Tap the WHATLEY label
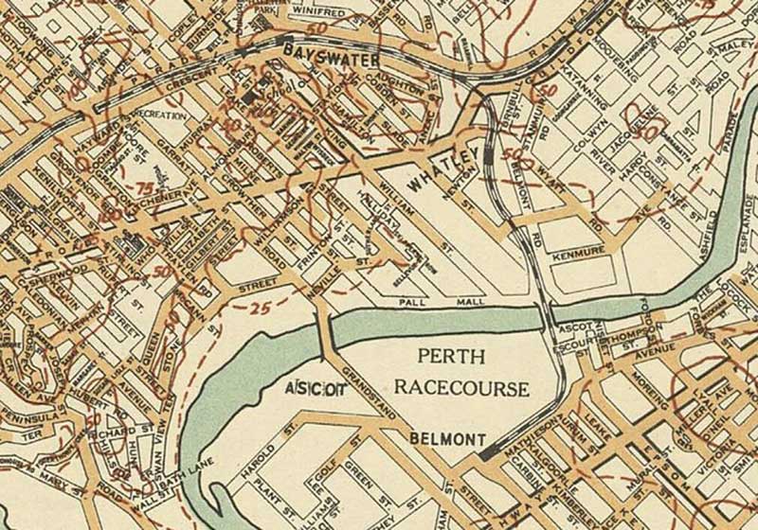(x=440, y=175)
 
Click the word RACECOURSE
(x=461, y=388)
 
